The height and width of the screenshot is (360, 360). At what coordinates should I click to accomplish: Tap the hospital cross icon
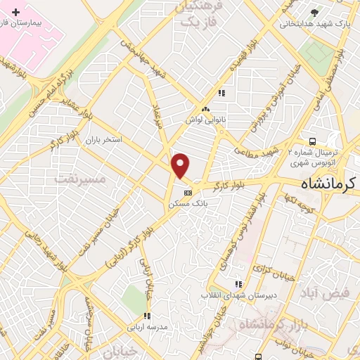[x=16, y=13]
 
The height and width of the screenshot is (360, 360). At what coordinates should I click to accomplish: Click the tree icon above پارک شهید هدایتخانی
[x=315, y=13]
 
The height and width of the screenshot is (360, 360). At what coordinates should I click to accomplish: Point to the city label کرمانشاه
[x=329, y=184]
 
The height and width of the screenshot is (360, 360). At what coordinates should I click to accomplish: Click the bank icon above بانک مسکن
[x=187, y=193]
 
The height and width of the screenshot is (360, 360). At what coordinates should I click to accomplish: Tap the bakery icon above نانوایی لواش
[x=205, y=109]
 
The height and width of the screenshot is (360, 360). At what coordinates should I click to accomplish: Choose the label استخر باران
[x=103, y=140]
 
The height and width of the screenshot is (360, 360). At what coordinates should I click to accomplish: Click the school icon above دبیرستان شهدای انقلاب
[x=238, y=284]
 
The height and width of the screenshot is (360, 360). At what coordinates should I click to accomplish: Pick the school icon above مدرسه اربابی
[x=147, y=316]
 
